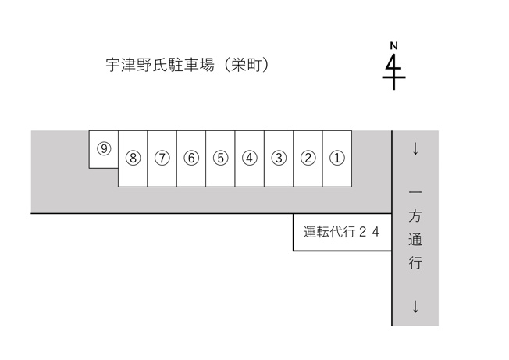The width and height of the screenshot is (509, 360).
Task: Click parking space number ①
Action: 337,159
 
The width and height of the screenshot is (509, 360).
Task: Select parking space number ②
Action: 308,159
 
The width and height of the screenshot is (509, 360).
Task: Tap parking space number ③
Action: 279,159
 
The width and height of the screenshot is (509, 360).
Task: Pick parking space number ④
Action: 249,159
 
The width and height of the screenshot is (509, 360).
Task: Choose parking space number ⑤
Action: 220,159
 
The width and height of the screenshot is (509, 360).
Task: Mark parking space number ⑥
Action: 191,159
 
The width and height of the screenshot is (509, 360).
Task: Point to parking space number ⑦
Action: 162,159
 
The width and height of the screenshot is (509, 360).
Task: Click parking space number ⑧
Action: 133,159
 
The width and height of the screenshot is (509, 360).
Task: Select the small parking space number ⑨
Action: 104,148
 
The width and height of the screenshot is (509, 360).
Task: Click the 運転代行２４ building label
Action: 341,232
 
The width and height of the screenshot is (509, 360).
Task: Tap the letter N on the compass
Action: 393,46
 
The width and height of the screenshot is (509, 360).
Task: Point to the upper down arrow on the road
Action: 415,149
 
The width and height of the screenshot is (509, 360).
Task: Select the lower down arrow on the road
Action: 415,306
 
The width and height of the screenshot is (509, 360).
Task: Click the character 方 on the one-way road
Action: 415,216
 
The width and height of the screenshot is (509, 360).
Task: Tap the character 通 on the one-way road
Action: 415,239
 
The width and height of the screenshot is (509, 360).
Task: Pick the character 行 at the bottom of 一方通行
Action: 415,262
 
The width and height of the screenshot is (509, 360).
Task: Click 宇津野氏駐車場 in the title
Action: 160,65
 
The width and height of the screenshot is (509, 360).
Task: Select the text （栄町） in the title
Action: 247,65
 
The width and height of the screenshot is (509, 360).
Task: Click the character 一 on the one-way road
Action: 415,193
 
